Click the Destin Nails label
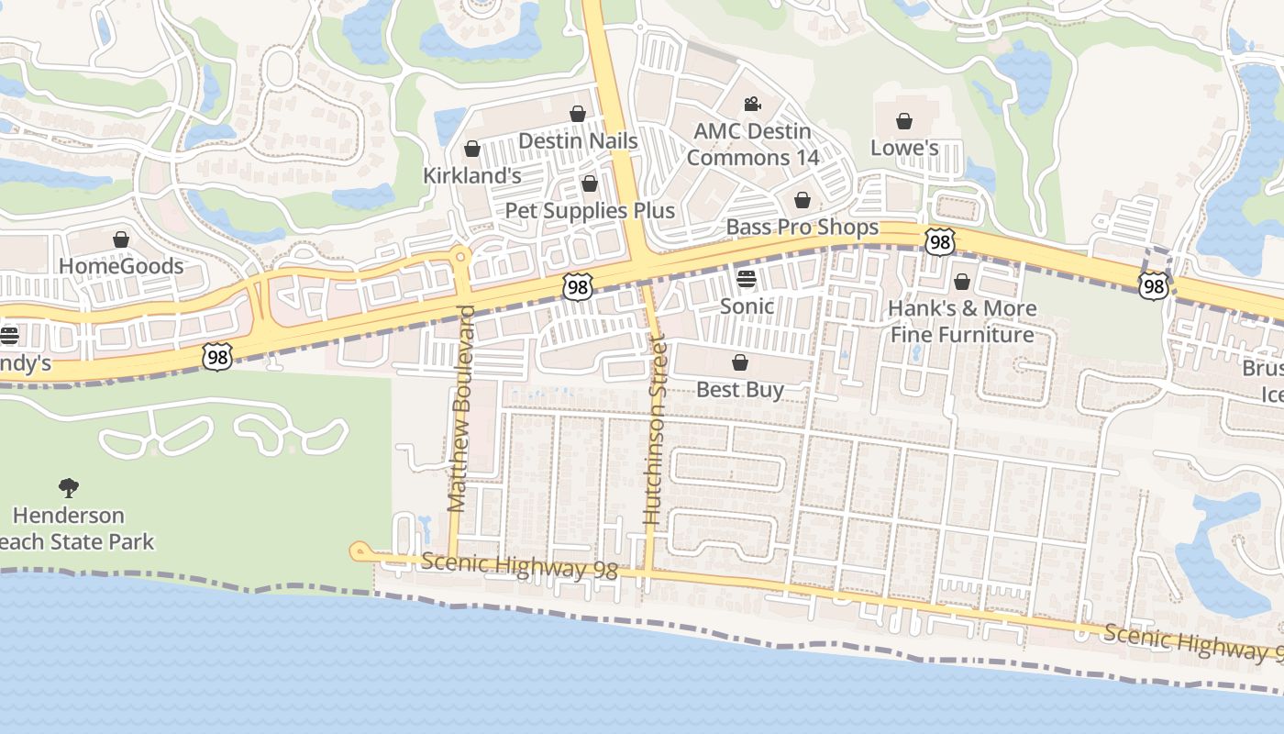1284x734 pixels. click(578, 141)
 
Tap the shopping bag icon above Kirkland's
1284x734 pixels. click(472, 149)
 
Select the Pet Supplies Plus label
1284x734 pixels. click(590, 210)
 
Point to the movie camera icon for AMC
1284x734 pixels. click(753, 104)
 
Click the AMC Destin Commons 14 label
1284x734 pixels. click(753, 144)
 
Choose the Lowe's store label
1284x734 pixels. click(904, 148)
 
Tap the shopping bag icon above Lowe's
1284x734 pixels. click(904, 121)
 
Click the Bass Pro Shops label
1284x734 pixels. click(802, 227)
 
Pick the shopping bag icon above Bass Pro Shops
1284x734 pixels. click(802, 200)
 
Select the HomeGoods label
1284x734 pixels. click(121, 266)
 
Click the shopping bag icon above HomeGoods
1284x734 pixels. click(121, 239)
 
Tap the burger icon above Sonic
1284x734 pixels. click(747, 279)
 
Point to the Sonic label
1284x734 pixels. click(747, 306)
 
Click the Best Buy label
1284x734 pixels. click(740, 389)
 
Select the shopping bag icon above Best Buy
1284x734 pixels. click(740, 362)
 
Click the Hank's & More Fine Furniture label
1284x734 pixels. click(962, 321)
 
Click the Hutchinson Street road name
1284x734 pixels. click(653, 430)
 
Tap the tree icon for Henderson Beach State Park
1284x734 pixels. click(69, 487)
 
